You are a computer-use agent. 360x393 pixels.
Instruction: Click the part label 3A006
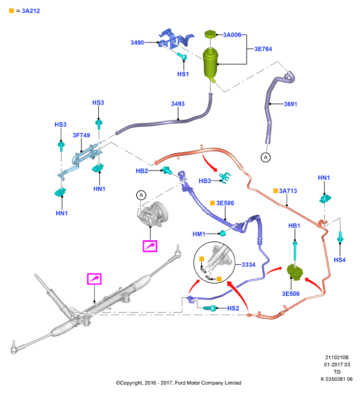tap(232, 35)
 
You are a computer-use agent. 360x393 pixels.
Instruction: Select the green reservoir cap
tap(210, 34)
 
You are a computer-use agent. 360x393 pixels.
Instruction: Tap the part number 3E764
tap(263, 49)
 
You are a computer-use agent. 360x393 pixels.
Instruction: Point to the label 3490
tap(137, 43)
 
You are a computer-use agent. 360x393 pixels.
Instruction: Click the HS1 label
tap(183, 74)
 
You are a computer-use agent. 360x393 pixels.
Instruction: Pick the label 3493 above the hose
tap(178, 104)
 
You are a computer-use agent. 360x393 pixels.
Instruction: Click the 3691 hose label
tap(290, 104)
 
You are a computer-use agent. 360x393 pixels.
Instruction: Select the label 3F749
tap(81, 135)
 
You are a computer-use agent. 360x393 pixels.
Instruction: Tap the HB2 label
tap(142, 171)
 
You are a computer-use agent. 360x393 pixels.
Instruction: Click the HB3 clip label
tap(205, 181)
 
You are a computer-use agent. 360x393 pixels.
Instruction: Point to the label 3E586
tap(225, 203)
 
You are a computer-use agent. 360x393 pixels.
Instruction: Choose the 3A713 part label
tap(288, 191)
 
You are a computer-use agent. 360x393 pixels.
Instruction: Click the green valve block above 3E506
tap(295, 272)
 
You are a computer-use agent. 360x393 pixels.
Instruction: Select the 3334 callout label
tap(248, 264)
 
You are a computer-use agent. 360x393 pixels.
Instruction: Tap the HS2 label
tap(233, 308)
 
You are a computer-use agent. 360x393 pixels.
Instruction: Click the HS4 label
tap(340, 260)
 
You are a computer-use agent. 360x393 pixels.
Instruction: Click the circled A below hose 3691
tap(266, 157)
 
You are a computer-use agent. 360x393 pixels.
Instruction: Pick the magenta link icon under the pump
tap(150, 246)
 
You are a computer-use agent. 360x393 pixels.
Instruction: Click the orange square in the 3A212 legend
tap(12, 11)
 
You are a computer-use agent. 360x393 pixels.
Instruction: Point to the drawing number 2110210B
tap(337, 358)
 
